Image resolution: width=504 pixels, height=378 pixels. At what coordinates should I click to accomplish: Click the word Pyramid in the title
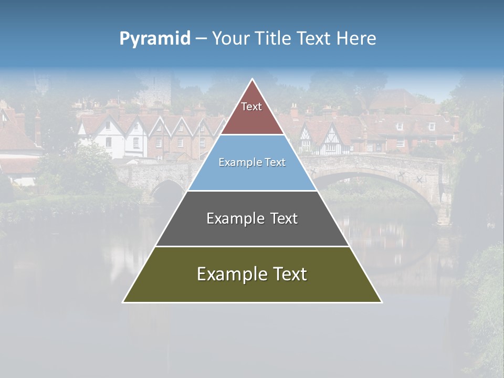pyautogui.click(x=154, y=39)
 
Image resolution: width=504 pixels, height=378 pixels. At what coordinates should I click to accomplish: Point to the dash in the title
pyautogui.click(x=201, y=39)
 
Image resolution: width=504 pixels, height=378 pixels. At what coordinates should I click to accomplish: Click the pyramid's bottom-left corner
pyautogui.click(x=123, y=302)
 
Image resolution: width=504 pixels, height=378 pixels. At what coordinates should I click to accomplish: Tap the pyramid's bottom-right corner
pyautogui.click(x=381, y=302)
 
